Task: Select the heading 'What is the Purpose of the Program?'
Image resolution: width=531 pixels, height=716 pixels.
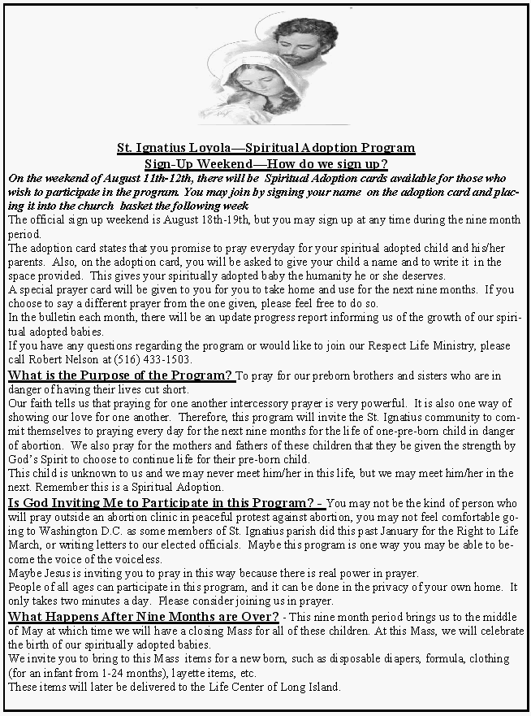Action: [121, 375]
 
